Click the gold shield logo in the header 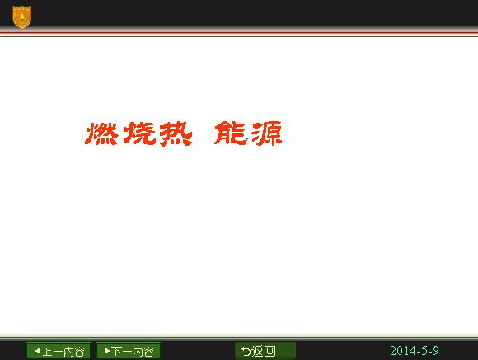[x=22, y=16]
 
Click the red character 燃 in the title [x=101, y=133]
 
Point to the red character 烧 [x=140, y=133]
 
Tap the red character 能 [x=231, y=133]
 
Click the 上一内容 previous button [x=59, y=351]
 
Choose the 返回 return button [x=265, y=351]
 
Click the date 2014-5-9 [x=415, y=351]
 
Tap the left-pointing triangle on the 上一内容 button [x=38, y=351]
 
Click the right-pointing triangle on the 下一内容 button [x=107, y=351]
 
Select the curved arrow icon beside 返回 [x=246, y=351]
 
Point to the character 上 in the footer [x=48, y=352]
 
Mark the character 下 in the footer [x=116, y=352]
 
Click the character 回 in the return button [x=269, y=351]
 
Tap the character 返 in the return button [x=257, y=351]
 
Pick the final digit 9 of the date [x=436, y=351]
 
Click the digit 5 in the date [x=424, y=351]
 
